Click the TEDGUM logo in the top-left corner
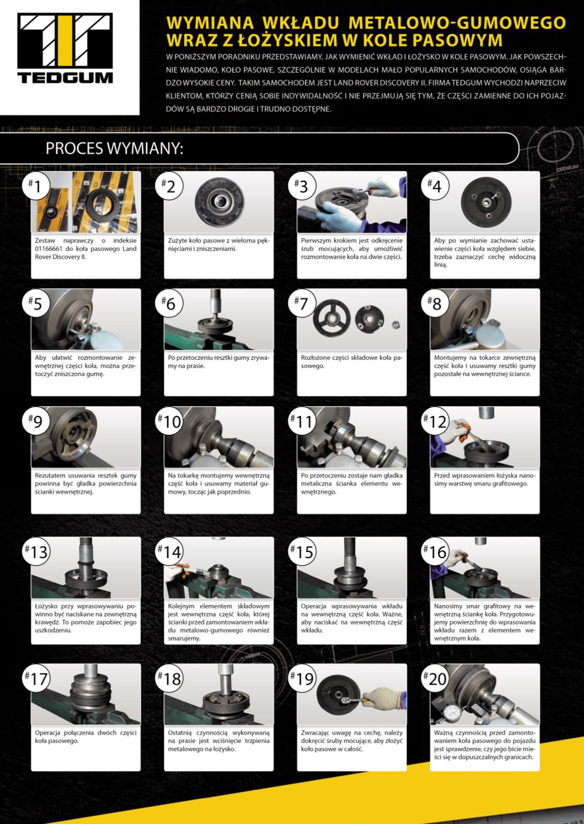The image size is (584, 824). coord(65,48)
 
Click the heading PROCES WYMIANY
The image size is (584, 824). coord(114,148)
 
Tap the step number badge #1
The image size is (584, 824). coord(36,186)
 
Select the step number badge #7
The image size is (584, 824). coord(302,303)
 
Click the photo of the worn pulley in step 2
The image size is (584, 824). coord(219,202)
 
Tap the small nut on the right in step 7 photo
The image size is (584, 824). coord(396,325)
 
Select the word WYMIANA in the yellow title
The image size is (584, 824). coord(210,23)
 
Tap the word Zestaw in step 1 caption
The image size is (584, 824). coord(45,241)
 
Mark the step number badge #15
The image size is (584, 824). coord(302,551)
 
